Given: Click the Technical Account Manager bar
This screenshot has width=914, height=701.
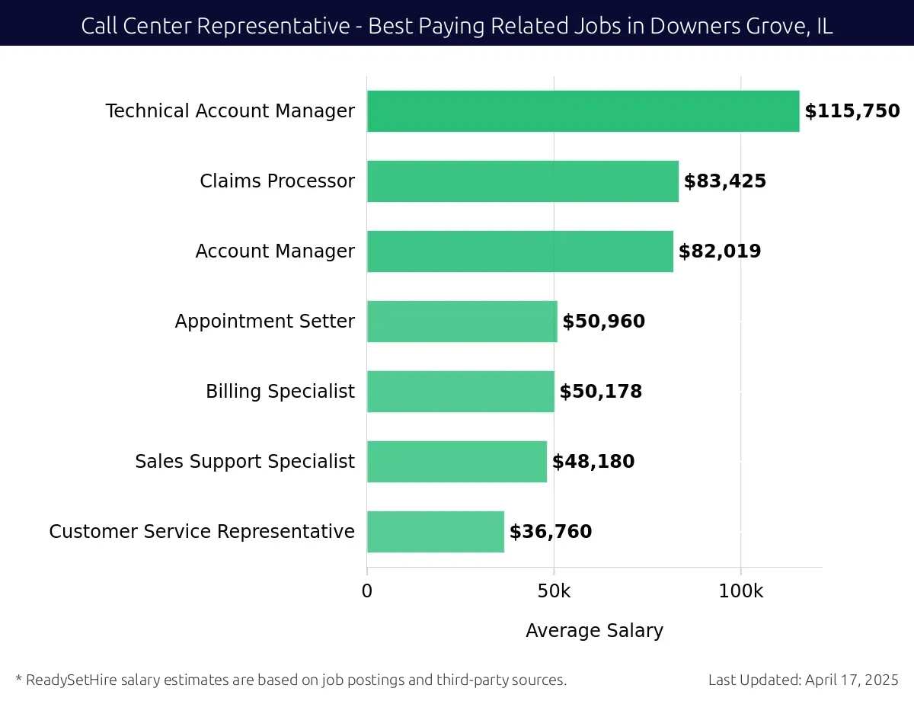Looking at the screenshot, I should tap(583, 111).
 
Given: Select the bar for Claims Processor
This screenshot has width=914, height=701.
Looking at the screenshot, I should tap(523, 181).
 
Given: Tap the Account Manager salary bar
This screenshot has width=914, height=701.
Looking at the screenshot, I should tap(519, 251).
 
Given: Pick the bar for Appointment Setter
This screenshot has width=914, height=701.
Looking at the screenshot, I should tap(462, 322).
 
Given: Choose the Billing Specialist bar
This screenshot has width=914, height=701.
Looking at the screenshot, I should tap(460, 392).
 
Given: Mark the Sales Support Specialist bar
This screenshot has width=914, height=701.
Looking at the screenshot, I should tap(456, 462).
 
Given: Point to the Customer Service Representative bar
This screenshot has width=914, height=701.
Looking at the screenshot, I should tap(435, 532).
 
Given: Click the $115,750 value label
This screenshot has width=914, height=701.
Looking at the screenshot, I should tap(852, 111).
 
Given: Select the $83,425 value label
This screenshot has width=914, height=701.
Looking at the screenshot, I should tap(724, 181).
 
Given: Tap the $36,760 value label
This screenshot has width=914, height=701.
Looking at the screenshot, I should tap(550, 532).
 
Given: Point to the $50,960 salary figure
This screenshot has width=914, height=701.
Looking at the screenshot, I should tap(603, 322).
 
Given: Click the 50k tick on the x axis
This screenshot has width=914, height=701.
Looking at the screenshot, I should tap(554, 591).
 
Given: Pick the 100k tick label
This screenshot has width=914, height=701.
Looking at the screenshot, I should tap(740, 591).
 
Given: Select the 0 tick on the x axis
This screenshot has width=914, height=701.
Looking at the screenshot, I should tap(367, 591).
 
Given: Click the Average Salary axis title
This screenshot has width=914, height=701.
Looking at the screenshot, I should tap(594, 631).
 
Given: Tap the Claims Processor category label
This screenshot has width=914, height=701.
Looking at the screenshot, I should tap(277, 181).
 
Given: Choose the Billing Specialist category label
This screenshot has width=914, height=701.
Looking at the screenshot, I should tap(280, 392).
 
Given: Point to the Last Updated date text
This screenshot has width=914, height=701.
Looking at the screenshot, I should tap(803, 680).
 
